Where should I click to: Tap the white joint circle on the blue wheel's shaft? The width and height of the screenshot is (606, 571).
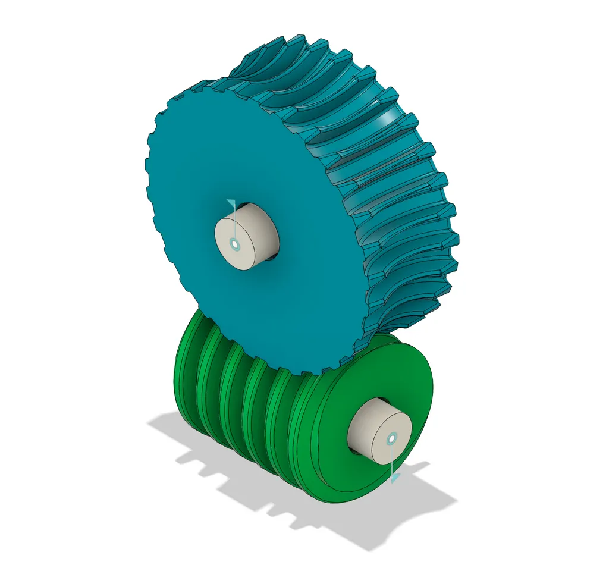click(236, 244)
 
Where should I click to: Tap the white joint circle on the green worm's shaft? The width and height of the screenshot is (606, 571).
click(391, 439)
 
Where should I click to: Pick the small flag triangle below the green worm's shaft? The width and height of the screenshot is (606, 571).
click(394, 478)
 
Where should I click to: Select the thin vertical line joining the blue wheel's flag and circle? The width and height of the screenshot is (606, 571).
click(235, 223)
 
